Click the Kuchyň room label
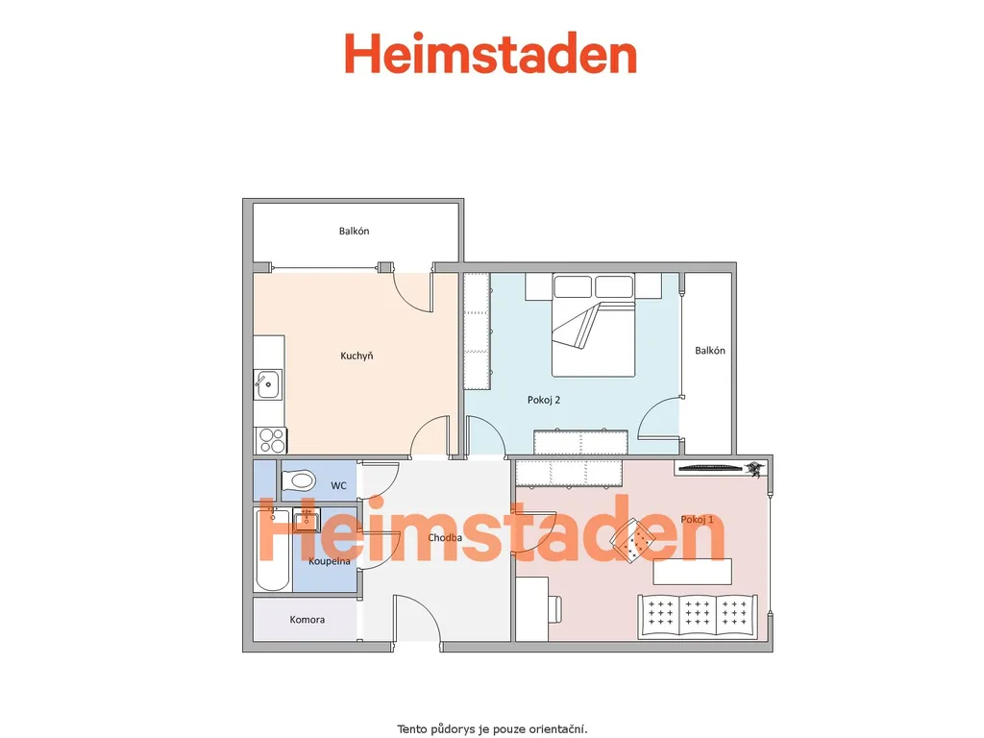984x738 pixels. pos(357,356)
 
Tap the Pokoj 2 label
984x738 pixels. pos(544,400)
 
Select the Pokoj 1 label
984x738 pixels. pos(698,519)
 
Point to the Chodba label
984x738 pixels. pos(445,537)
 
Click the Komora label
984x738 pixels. pos(307,620)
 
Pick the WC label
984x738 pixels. pos(338,485)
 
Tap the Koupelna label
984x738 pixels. pos(330,561)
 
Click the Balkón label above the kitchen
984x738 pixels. pos(354,231)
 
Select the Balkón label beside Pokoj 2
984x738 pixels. pos(710,350)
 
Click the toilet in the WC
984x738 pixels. pos(298,481)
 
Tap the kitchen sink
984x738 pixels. pos(268,384)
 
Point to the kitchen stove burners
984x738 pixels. pos(271,440)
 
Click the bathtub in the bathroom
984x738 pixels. pos(272,551)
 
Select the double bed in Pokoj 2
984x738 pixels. pos(594,325)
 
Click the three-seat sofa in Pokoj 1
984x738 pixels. pos(698,617)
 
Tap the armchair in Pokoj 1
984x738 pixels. pos(634,540)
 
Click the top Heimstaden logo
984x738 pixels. pos(491,54)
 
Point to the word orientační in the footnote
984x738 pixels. pos(558,729)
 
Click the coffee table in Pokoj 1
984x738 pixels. pos(692,572)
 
